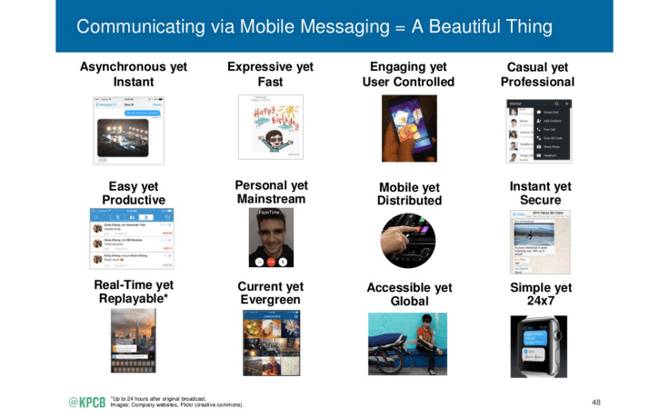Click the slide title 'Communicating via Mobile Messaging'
(x=314, y=26)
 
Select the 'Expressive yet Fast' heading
(x=270, y=75)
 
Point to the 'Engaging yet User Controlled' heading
(x=408, y=75)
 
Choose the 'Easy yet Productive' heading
(x=134, y=194)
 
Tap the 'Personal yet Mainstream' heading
(x=271, y=192)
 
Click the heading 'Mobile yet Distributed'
(x=410, y=194)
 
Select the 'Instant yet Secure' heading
(x=541, y=194)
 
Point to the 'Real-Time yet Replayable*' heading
(x=134, y=293)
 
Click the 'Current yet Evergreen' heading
(x=271, y=294)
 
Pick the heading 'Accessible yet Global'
(x=409, y=294)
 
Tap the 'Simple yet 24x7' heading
(x=541, y=294)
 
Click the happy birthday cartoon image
(x=270, y=125)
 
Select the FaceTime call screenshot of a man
(x=271, y=239)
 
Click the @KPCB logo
(x=87, y=402)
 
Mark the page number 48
(x=595, y=402)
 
